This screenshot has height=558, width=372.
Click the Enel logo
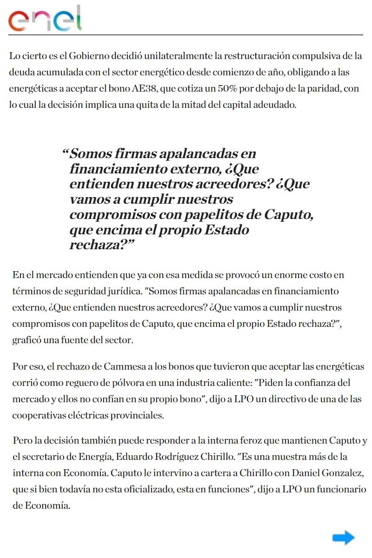tap(45, 19)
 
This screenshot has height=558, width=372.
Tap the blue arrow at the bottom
tap(343, 538)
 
